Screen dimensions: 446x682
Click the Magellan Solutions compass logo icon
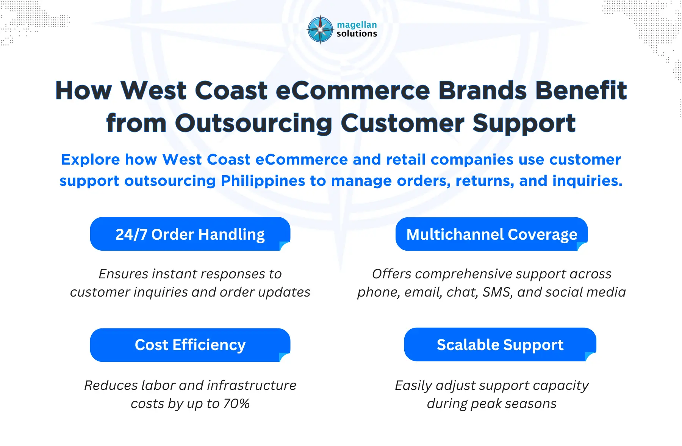click(x=320, y=30)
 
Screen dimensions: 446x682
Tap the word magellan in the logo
click(x=357, y=25)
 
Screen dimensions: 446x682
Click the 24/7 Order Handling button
click(x=190, y=234)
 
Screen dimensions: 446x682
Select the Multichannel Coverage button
click(x=491, y=234)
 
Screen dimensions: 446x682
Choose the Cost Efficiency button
click(x=190, y=345)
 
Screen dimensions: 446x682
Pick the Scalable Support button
click(x=500, y=345)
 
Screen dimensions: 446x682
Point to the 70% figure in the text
click(x=236, y=404)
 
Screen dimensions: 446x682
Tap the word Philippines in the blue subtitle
click(x=263, y=181)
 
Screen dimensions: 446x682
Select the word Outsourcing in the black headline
click(x=253, y=123)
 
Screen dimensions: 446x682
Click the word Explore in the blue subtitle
click(x=90, y=160)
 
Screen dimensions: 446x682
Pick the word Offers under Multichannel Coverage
click(x=391, y=274)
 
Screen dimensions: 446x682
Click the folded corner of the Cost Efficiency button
click(x=284, y=357)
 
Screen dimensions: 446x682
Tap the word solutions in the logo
click(x=357, y=34)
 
